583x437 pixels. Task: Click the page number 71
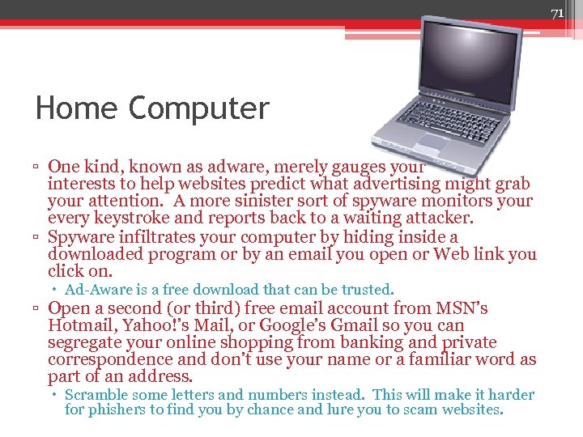557,14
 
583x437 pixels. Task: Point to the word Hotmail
81,325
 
